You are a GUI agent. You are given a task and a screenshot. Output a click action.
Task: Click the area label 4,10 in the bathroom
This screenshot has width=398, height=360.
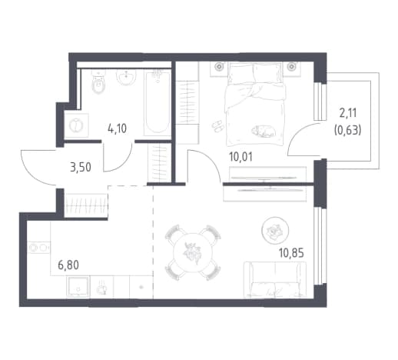(x=118, y=128)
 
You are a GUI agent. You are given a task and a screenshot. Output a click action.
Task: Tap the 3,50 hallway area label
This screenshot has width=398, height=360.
(x=81, y=167)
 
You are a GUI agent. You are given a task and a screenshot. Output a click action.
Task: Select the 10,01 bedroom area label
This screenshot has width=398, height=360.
(x=241, y=157)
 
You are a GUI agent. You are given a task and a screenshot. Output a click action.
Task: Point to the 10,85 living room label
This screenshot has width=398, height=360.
(x=291, y=253)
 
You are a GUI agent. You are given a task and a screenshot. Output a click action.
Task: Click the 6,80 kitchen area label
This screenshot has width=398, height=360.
(x=68, y=265)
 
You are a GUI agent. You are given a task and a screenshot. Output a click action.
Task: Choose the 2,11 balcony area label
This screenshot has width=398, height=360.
(x=348, y=113)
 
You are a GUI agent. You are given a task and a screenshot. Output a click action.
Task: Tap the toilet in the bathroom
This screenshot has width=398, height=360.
(x=98, y=82)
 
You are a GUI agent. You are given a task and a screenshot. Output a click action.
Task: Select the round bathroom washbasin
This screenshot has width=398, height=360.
(x=126, y=77)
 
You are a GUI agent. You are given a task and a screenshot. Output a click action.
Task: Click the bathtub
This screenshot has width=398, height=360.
(x=158, y=103)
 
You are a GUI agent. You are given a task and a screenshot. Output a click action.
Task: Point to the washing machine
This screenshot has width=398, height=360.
(x=76, y=125)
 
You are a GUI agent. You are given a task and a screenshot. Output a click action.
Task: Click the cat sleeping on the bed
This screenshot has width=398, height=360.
(x=264, y=131)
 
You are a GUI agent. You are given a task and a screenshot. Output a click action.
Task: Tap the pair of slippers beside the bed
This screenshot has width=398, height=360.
(x=217, y=125)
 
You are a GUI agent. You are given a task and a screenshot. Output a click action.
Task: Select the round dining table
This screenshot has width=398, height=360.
(x=193, y=252)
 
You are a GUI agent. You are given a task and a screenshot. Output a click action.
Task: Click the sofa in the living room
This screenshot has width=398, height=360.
(x=275, y=279)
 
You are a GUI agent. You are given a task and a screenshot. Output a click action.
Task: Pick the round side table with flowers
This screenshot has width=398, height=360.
(x=275, y=230)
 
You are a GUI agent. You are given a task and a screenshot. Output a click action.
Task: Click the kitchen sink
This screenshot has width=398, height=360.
(x=78, y=287)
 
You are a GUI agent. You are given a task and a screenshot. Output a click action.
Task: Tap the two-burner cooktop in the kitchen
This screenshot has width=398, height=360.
(x=38, y=248)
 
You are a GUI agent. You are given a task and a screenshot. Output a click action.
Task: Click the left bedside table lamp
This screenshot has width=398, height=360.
(x=220, y=67)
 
